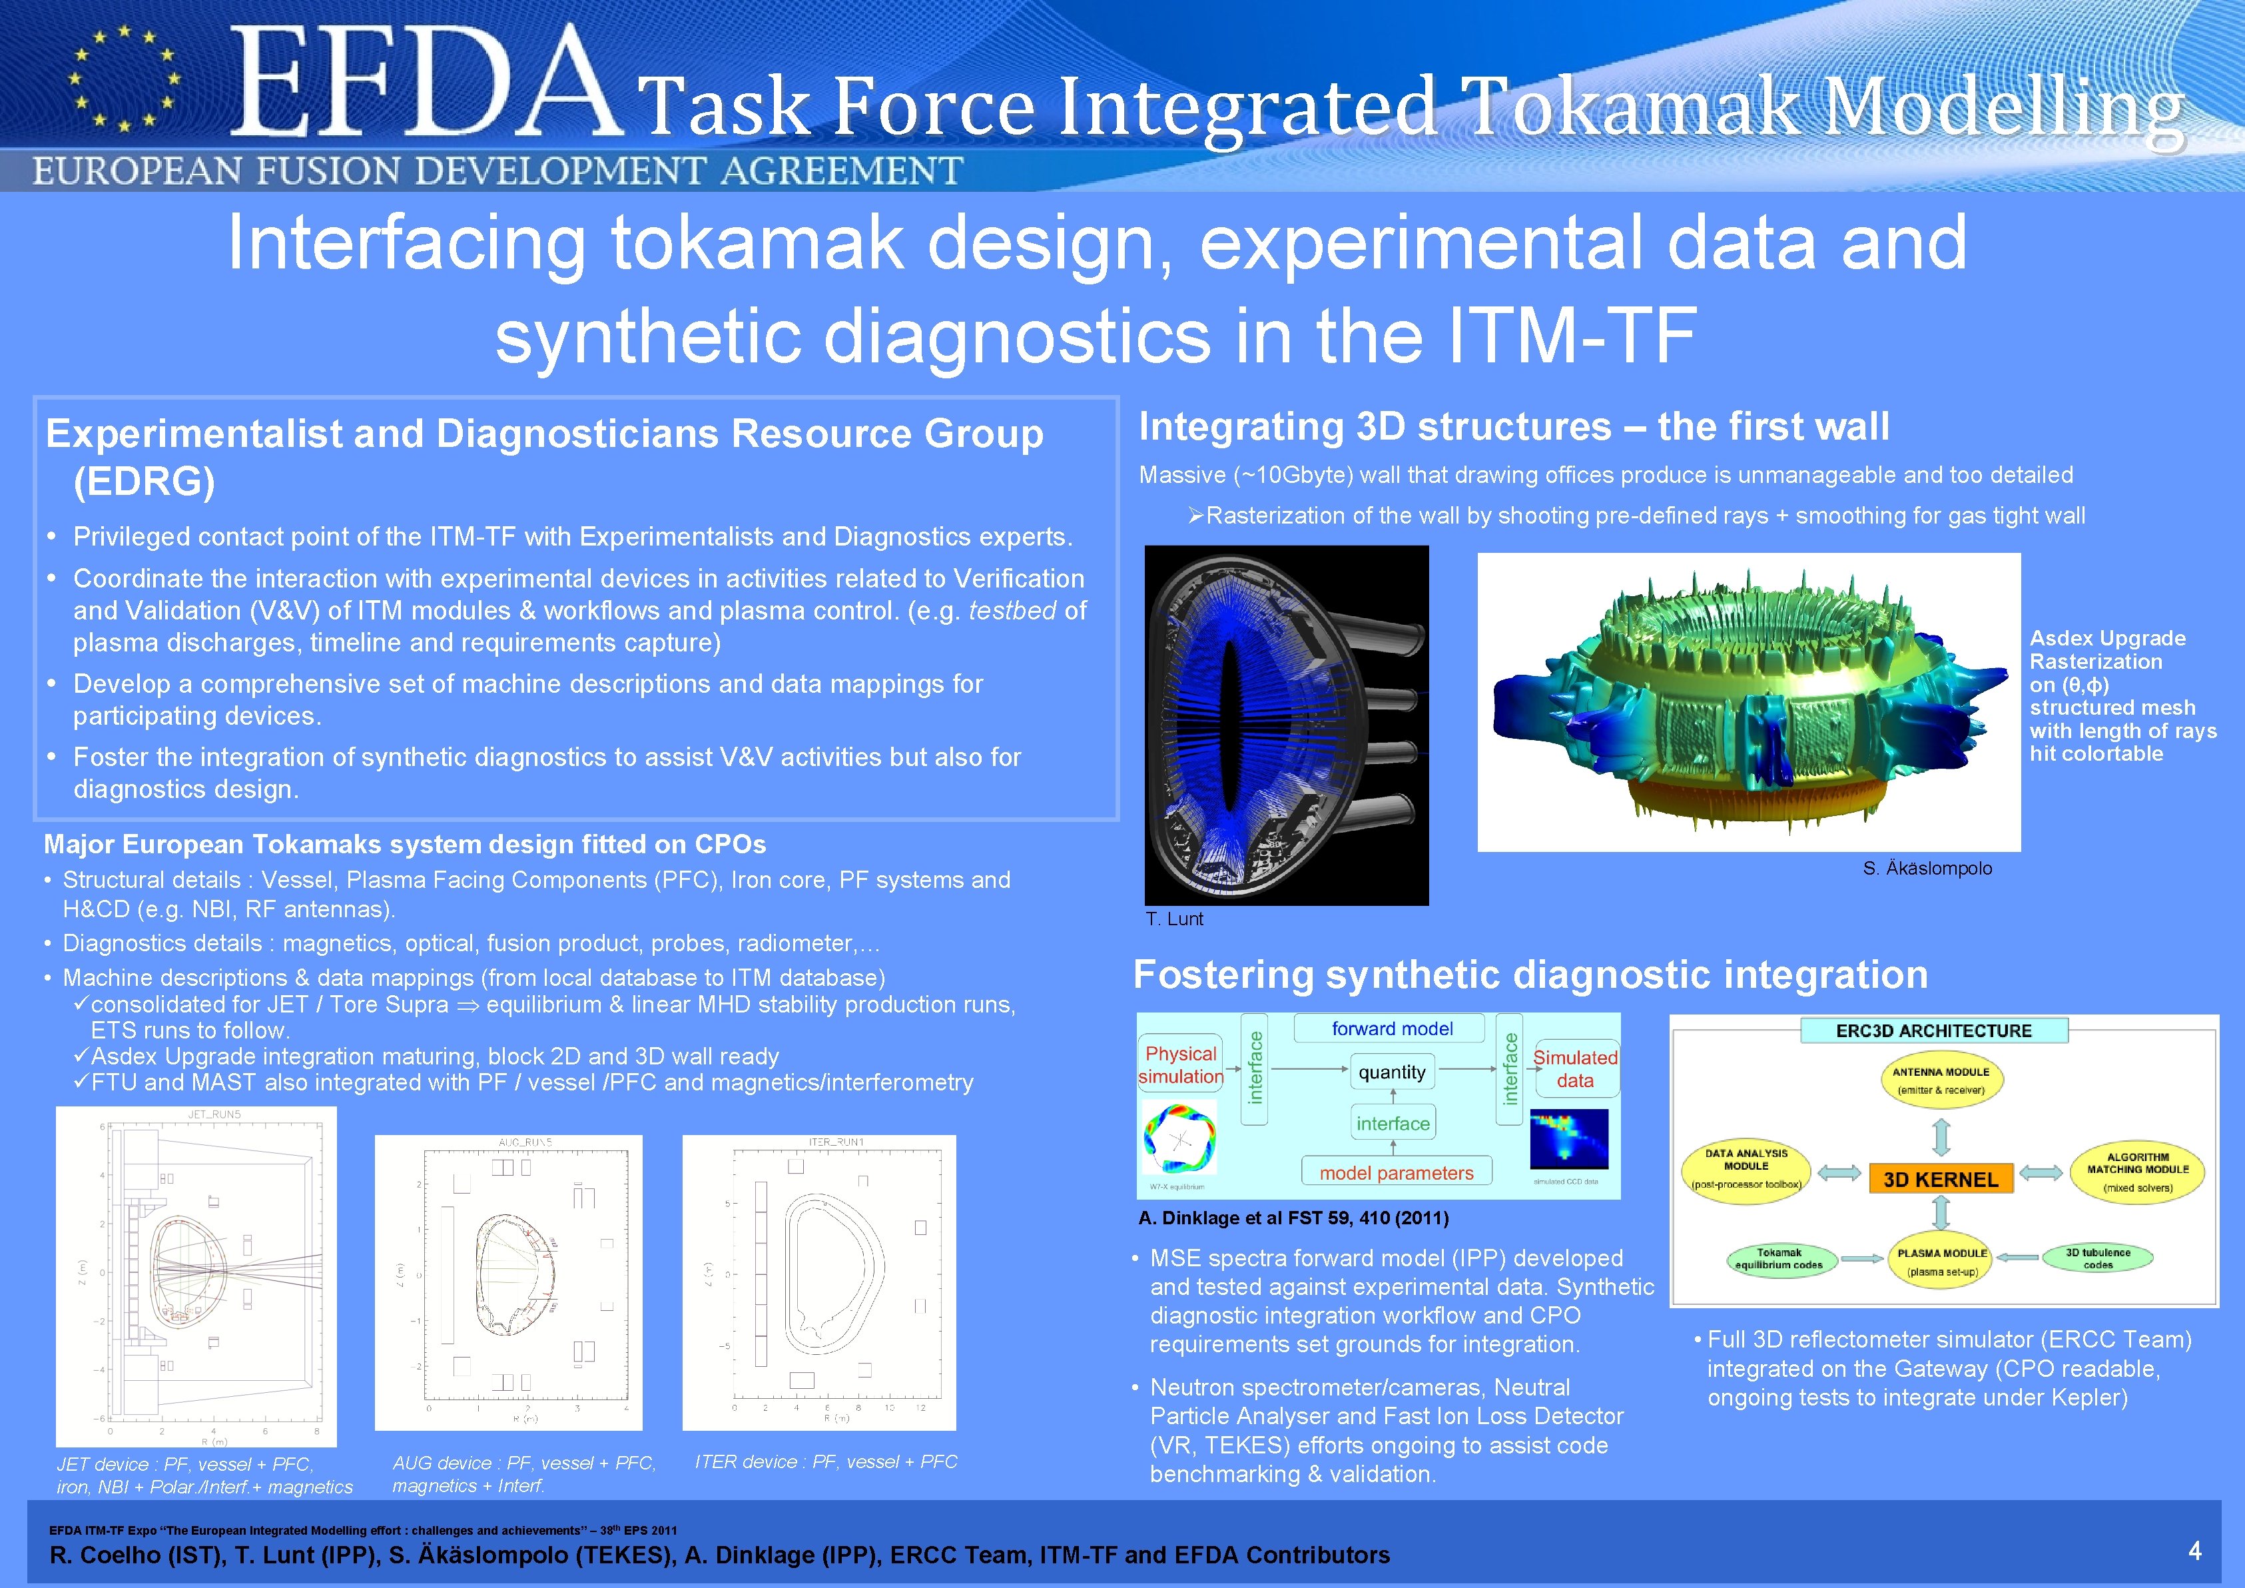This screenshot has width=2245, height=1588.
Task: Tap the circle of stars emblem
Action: click(123, 78)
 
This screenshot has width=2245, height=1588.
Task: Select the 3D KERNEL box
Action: click(1941, 1179)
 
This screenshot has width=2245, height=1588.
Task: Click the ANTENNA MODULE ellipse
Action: click(1941, 1080)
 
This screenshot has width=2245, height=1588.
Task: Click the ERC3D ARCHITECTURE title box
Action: click(1933, 1030)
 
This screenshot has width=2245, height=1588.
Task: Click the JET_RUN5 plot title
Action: click(214, 1114)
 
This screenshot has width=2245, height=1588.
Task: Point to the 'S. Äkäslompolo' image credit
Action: click(1926, 869)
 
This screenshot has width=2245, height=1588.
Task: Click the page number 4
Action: click(2194, 1550)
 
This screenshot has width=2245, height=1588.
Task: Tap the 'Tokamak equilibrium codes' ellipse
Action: click(1779, 1258)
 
